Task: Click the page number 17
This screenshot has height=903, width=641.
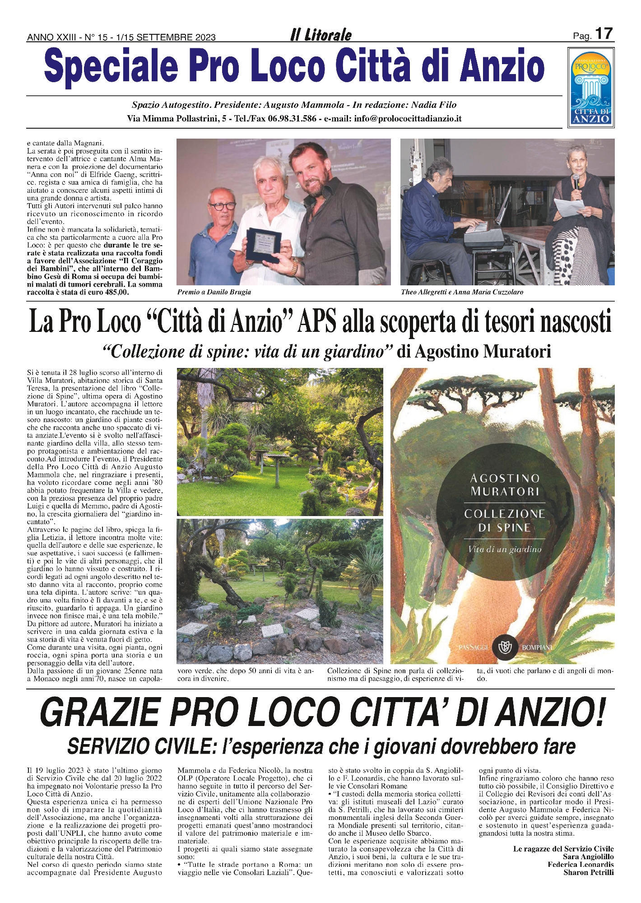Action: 604,34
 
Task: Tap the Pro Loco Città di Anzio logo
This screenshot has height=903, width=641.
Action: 591,88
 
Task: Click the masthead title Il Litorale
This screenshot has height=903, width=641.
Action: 320,35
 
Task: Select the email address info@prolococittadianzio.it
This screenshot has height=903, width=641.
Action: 408,119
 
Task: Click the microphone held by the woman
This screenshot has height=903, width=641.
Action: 576,182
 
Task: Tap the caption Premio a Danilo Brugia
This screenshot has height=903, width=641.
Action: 214,292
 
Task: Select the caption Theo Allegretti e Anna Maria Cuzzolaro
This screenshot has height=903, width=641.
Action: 462,292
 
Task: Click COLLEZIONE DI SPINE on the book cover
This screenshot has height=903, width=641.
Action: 504,521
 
